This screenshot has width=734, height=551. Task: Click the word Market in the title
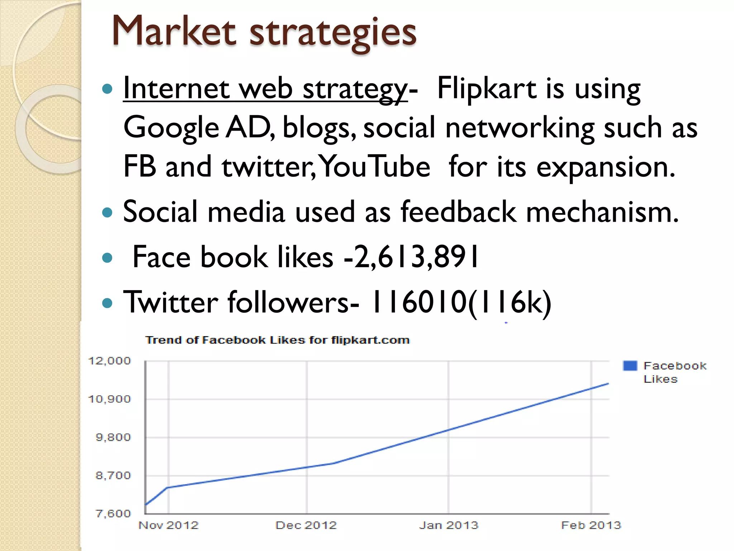pos(174,32)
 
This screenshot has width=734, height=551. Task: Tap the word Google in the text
pos(171,128)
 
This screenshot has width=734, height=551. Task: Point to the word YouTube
pos(375,166)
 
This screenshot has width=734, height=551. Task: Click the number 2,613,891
pos(416,257)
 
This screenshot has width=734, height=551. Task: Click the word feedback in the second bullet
pos(458,212)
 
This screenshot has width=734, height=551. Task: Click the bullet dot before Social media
pos(107,212)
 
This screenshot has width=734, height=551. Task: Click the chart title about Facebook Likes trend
pos(277,340)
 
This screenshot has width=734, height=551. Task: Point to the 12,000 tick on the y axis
pos(109,361)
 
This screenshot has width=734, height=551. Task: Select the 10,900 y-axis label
pos(109,399)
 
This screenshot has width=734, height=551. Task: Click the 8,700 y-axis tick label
pos(113,476)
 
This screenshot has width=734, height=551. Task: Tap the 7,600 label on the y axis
pos(113,514)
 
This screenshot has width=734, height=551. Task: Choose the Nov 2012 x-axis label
pos(168,526)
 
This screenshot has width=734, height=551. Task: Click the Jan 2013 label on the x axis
pos(449,526)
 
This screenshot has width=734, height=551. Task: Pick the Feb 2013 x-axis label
pos(591,526)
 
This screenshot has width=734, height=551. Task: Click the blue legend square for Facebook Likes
pos(630,366)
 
